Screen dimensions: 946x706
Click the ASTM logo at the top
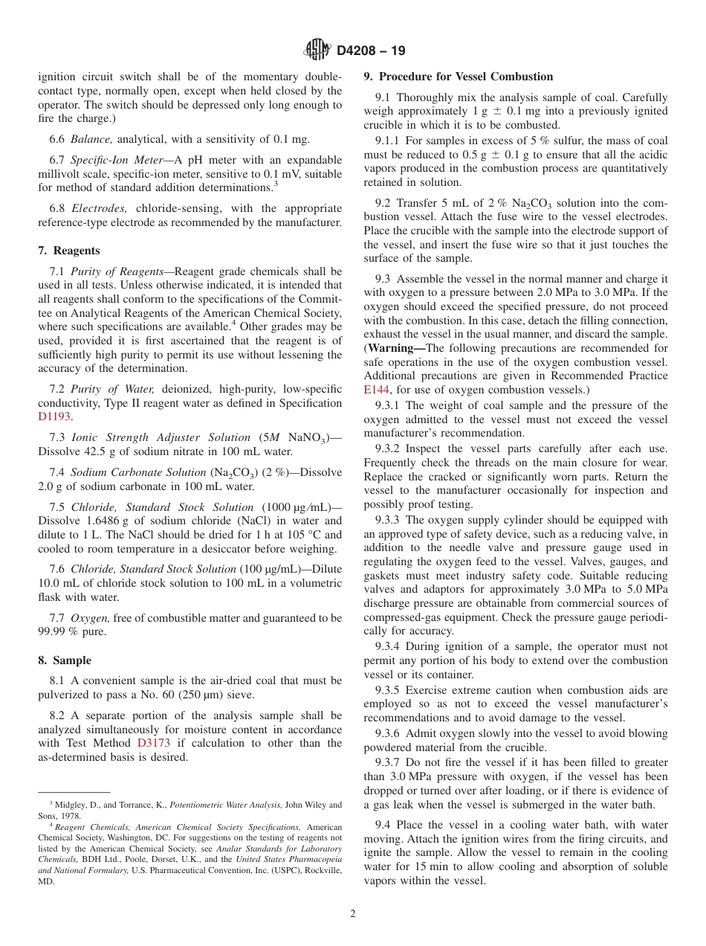[317, 51]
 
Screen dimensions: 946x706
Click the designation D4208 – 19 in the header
[371, 51]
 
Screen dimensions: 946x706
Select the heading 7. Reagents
[68, 251]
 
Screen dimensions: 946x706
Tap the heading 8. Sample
[65, 660]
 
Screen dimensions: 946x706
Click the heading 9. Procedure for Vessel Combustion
[459, 77]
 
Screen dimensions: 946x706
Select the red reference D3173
[153, 743]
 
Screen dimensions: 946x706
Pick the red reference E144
[376, 389]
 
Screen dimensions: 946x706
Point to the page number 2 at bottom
[353, 914]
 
